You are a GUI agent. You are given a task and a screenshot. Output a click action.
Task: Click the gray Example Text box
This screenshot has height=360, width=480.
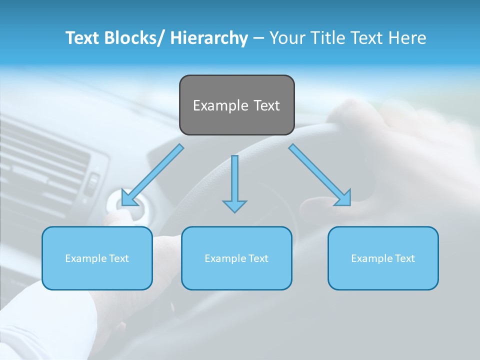pos(236,105)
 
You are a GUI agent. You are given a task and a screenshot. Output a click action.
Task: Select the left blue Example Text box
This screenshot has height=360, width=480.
pos(97,258)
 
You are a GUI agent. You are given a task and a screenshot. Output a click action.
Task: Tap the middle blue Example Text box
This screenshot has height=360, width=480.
pos(236,258)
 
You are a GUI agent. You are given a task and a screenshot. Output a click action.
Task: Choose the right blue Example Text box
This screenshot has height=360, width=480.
pos(383,258)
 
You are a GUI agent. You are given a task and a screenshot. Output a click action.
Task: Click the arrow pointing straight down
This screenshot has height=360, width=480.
pos(234,182)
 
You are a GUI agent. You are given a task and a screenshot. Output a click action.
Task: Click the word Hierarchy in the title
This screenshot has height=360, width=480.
pos(208,38)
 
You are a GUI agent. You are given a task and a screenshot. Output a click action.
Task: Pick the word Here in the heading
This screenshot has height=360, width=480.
pos(407,38)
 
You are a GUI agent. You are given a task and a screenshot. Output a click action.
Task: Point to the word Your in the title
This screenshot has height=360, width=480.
pos(285,38)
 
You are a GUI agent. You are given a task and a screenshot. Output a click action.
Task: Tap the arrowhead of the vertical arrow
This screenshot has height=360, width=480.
pos(234,205)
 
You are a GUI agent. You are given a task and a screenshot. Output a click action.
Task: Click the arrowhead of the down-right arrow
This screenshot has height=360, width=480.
pos(344,198)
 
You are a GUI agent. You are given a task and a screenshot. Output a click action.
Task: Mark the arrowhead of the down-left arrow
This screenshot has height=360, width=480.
pos(128,198)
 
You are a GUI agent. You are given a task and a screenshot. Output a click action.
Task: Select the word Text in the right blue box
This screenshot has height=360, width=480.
pos(405,258)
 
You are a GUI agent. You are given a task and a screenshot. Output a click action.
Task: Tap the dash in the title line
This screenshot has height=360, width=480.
pos(258,38)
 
